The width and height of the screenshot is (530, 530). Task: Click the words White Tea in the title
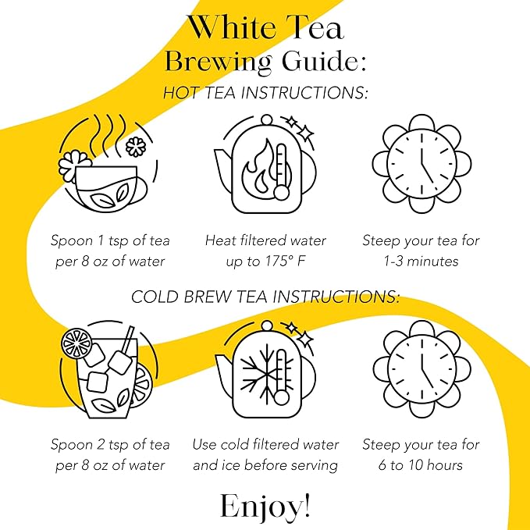point(265,27)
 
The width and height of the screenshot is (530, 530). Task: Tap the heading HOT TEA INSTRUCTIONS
point(265,93)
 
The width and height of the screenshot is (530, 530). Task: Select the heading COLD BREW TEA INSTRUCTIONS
point(265,297)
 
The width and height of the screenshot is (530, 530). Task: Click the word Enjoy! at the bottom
point(265,505)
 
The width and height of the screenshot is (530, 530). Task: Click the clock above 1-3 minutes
point(421,165)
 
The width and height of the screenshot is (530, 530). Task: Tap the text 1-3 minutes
point(421,261)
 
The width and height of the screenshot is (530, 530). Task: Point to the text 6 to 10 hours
point(421,465)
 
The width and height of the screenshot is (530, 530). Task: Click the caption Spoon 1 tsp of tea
point(110,240)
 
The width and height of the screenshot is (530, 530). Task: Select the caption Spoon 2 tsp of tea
point(110,445)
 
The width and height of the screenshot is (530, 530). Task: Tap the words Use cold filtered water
point(265,445)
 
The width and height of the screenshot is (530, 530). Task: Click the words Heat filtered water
point(265,240)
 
